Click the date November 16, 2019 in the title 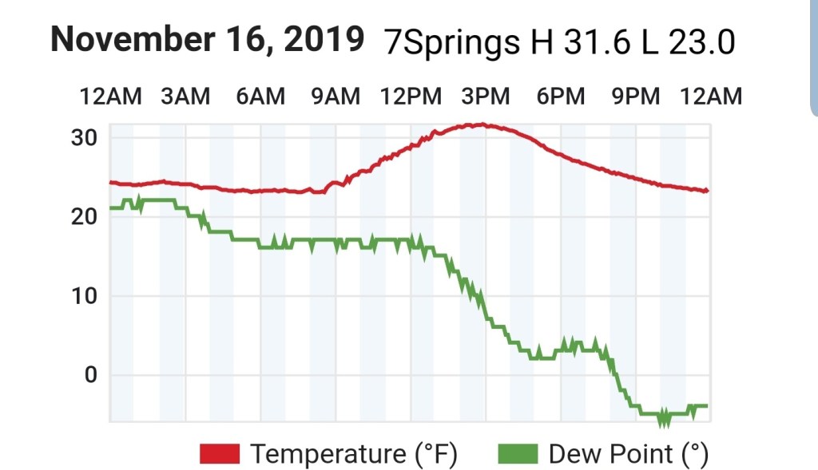click(208, 39)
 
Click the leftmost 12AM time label click(110, 97)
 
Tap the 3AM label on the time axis click(185, 97)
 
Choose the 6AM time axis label click(260, 97)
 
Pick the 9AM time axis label click(335, 97)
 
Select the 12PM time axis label click(411, 97)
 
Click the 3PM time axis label click(485, 97)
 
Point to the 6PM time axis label click(560, 97)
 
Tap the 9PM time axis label click(635, 97)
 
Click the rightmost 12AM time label click(710, 97)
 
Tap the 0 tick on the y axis click(90, 375)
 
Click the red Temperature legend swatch click(220, 454)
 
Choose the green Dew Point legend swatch click(518, 454)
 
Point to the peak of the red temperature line click(479, 124)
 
